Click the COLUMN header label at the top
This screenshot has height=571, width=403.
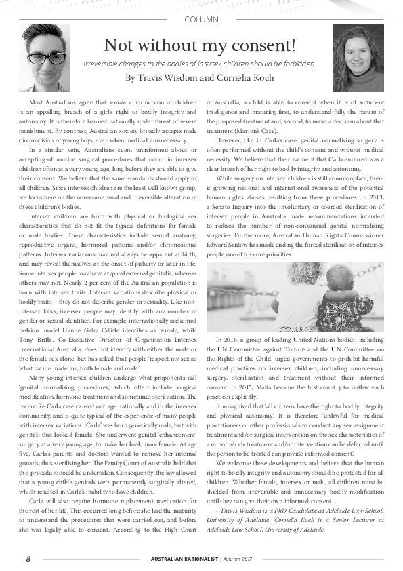pos(201,20)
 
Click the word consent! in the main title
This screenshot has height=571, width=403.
pos(266,45)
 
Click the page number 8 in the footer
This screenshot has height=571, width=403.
pos(28,559)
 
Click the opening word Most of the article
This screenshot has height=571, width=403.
pos(36,101)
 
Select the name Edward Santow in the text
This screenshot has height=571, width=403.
pos(232,245)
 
